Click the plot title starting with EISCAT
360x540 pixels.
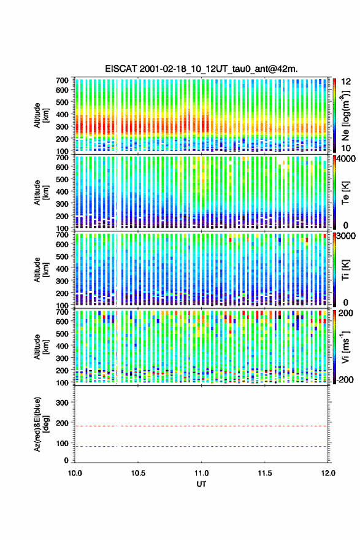(201, 69)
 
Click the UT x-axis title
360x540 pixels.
(201, 484)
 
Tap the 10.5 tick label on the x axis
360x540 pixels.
(138, 473)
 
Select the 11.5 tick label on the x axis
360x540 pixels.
(265, 473)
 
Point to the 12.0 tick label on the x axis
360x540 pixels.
(328, 473)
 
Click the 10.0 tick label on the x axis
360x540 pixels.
(75, 473)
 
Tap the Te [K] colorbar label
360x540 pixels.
(345, 193)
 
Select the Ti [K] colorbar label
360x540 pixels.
(345, 270)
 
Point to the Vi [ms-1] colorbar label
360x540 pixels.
(345, 347)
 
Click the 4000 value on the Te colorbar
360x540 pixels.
(347, 160)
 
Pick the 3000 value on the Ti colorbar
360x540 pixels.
(347, 236)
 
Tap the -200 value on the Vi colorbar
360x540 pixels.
(345, 379)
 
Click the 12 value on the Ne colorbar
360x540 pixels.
(346, 82)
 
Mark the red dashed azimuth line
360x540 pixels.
(201, 426)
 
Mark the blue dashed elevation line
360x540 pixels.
(201, 446)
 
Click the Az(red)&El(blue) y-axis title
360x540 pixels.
(41, 424)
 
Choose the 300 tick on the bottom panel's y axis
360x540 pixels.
(63, 403)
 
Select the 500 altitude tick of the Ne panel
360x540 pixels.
(63, 102)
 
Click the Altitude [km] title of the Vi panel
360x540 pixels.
(41, 347)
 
